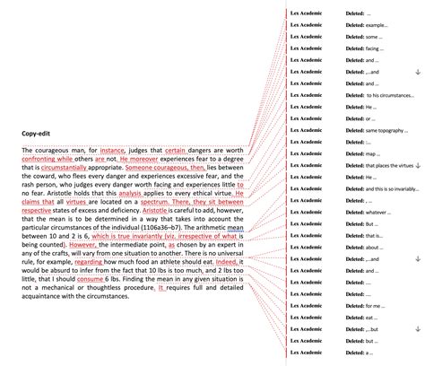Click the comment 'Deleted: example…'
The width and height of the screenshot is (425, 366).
(369, 26)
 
